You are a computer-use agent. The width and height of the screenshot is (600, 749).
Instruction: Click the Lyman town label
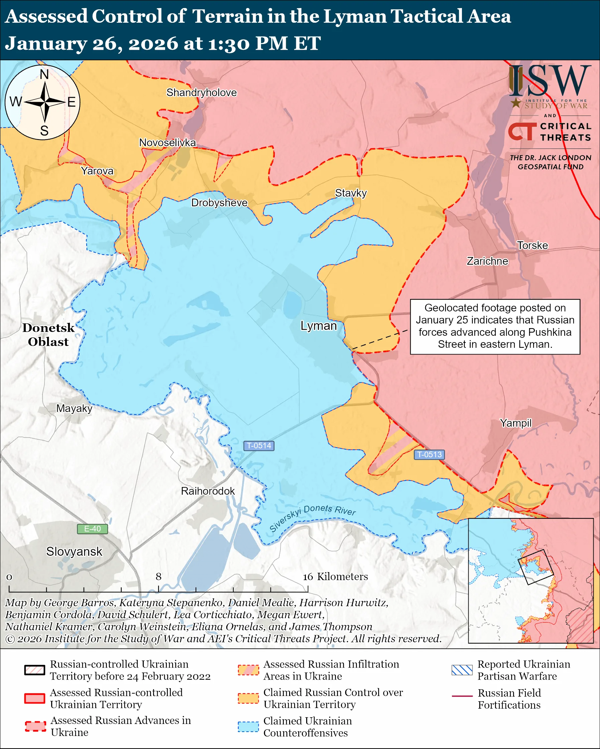(x=319, y=326)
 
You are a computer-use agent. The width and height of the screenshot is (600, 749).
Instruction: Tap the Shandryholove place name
(x=201, y=93)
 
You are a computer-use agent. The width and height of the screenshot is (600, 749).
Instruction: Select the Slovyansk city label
(x=74, y=551)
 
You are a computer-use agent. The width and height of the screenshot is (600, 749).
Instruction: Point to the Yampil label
(x=515, y=423)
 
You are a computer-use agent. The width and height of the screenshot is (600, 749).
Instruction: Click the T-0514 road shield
(x=258, y=446)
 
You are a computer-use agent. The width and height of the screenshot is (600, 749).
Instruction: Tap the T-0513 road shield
(x=429, y=454)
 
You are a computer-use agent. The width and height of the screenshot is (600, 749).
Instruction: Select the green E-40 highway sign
(x=92, y=529)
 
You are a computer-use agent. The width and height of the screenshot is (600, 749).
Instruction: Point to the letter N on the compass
(x=44, y=74)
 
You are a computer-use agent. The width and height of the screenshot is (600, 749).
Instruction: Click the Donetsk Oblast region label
(x=48, y=334)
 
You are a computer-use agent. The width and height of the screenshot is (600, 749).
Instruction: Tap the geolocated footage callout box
(x=495, y=326)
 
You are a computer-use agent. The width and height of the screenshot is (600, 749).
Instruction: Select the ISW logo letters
(x=550, y=81)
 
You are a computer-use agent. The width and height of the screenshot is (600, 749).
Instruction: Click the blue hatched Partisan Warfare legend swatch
(x=462, y=670)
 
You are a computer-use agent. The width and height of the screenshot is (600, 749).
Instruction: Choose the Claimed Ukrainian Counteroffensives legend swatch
(x=248, y=726)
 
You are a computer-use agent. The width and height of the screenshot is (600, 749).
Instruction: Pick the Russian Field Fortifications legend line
(x=462, y=696)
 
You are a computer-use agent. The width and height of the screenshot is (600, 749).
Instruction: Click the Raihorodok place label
(x=208, y=491)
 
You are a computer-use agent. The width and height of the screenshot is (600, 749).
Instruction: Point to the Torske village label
(x=532, y=246)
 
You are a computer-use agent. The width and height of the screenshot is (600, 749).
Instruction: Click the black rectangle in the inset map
(x=535, y=567)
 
